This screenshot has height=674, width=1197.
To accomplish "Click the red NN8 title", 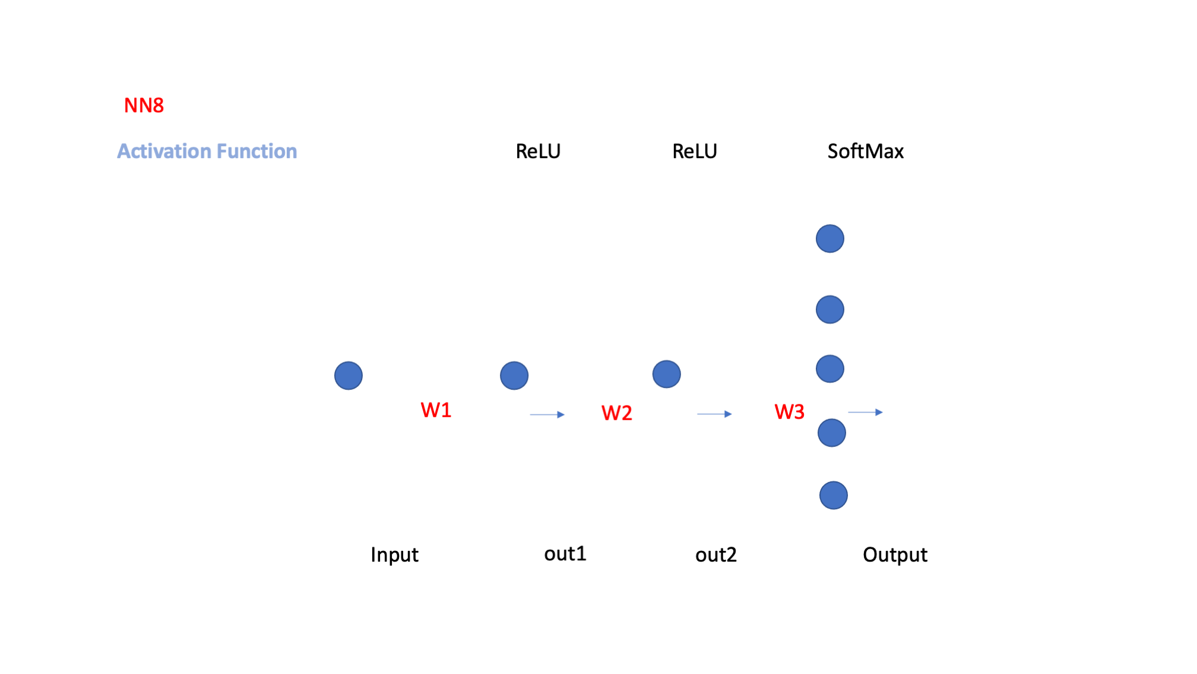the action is pyautogui.click(x=144, y=105).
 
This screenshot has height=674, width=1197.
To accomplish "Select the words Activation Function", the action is pyautogui.click(x=207, y=151).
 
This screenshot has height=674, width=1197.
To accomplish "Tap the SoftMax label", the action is pyautogui.click(x=865, y=151).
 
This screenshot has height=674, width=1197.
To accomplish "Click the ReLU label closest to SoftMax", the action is pyautogui.click(x=694, y=151).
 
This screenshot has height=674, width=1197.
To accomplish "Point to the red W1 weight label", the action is pyautogui.click(x=436, y=410).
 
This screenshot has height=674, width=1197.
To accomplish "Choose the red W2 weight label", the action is pyautogui.click(x=616, y=412).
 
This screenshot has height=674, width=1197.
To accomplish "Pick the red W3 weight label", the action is pyautogui.click(x=789, y=411).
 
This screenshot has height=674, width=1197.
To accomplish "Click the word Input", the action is pyautogui.click(x=394, y=555).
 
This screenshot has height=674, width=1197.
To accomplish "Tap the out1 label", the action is pyautogui.click(x=565, y=553).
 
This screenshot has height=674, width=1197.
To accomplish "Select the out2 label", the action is pyautogui.click(x=715, y=555).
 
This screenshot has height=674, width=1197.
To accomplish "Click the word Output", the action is pyautogui.click(x=895, y=555).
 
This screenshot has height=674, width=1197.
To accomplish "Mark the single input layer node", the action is pyautogui.click(x=349, y=376).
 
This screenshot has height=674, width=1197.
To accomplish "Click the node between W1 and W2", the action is pyautogui.click(x=514, y=376).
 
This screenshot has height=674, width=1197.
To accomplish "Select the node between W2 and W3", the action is pyautogui.click(x=667, y=374).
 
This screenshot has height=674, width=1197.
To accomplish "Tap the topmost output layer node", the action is pyautogui.click(x=830, y=239).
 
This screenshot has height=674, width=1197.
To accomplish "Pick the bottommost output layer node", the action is pyautogui.click(x=834, y=495).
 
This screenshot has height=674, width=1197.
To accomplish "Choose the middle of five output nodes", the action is pyautogui.click(x=830, y=369).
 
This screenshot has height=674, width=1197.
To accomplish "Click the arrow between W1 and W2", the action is pyautogui.click(x=547, y=414).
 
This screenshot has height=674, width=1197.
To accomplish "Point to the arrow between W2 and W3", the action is pyautogui.click(x=715, y=414).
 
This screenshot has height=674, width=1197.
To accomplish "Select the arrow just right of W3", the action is pyautogui.click(x=866, y=412).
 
